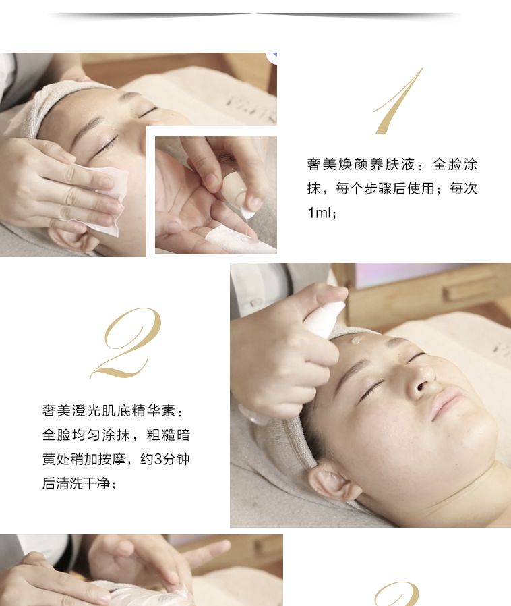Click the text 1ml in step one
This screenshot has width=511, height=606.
[319, 213]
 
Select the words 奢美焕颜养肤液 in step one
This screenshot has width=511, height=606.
[361, 164]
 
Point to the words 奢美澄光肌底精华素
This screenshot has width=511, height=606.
[109, 410]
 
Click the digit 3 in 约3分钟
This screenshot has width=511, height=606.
[158, 459]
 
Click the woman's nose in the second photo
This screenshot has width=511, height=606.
[421, 380]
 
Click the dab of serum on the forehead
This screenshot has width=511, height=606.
[357, 340]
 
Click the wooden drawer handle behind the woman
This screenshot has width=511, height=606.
[470, 288]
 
